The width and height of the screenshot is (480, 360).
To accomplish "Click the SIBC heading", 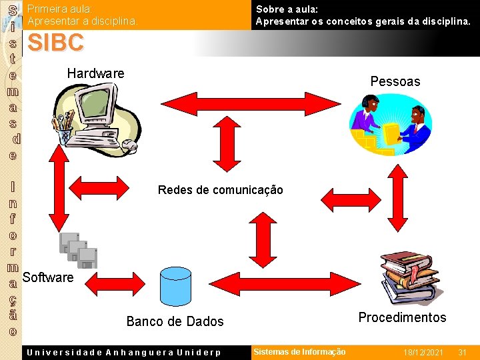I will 56,43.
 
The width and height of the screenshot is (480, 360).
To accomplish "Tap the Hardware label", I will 95,73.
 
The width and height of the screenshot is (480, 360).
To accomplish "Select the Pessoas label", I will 395,81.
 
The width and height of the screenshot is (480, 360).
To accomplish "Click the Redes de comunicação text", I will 220,190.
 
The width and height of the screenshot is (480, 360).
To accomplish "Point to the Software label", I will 48,277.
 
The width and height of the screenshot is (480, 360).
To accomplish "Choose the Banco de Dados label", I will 175,321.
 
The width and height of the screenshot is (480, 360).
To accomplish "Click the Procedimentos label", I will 402,317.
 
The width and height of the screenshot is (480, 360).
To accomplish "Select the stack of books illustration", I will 407,277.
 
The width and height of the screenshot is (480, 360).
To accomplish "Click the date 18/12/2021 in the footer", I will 423,352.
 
